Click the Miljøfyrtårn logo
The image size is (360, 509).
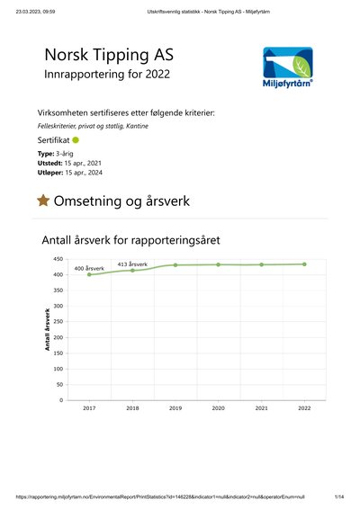(x=288, y=67)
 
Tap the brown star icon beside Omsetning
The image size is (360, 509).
(x=43, y=201)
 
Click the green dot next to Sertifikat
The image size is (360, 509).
(x=76, y=140)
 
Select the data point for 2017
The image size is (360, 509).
(x=89, y=274)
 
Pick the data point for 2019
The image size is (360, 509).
(x=175, y=265)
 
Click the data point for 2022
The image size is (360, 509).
(x=304, y=264)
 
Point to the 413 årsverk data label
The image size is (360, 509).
(x=132, y=264)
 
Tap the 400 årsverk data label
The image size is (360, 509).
(x=89, y=269)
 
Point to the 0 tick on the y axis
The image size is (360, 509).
(x=61, y=400)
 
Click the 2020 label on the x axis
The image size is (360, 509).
(x=219, y=408)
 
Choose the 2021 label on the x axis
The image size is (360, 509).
(x=262, y=408)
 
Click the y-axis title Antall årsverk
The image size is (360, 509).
(x=48, y=329)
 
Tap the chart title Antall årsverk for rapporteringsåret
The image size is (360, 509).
(x=130, y=240)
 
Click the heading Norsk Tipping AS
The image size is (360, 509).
(x=109, y=55)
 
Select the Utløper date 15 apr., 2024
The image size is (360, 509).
(x=84, y=173)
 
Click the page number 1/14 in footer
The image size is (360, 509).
(x=339, y=496)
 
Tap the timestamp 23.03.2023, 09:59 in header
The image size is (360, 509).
(x=35, y=12)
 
